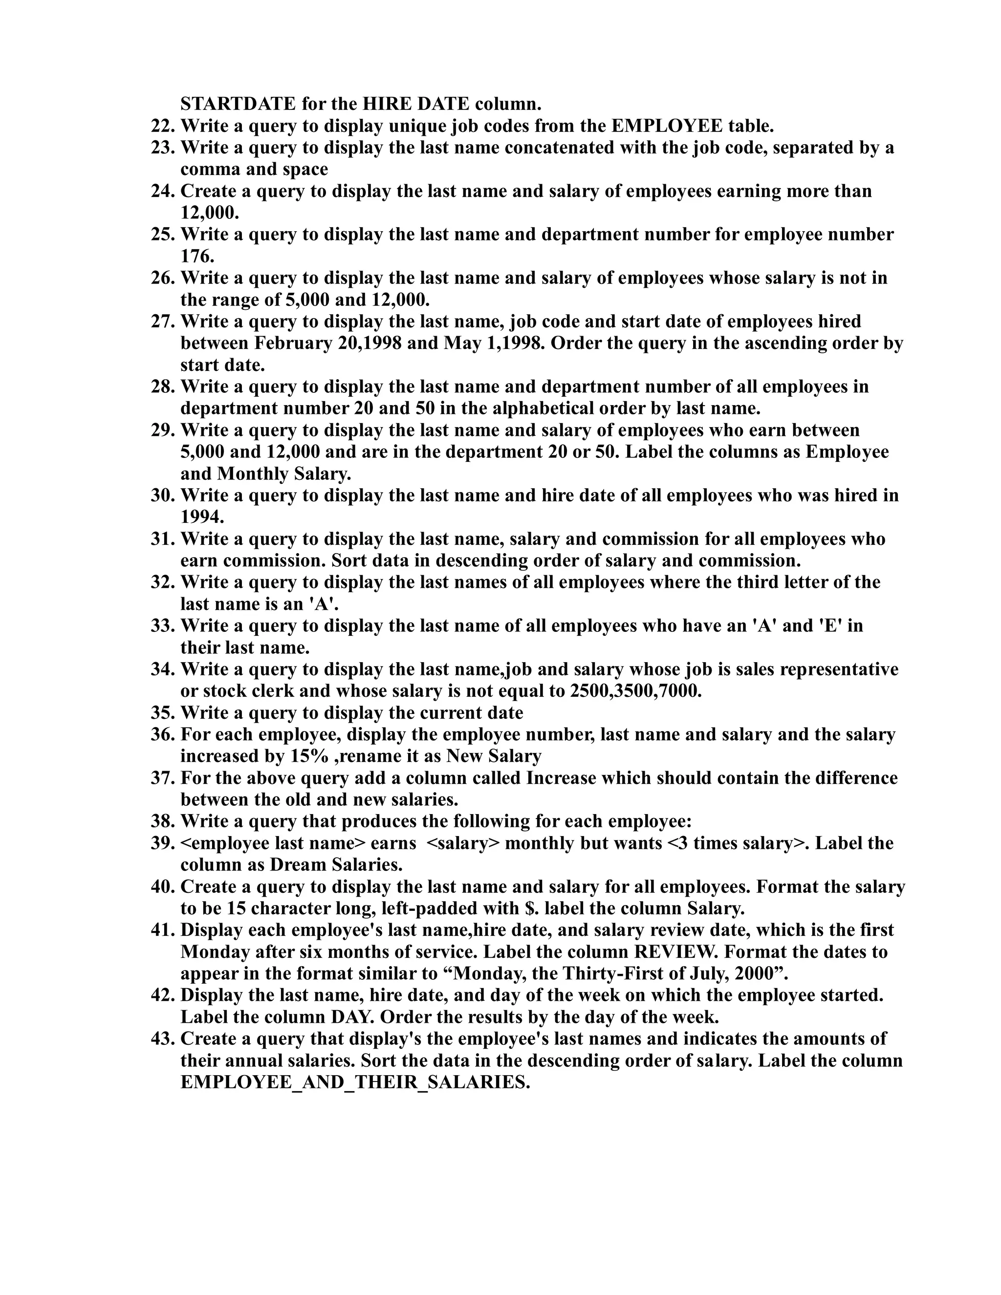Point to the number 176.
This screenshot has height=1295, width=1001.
tap(197, 257)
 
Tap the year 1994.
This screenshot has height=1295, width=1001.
tap(202, 517)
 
